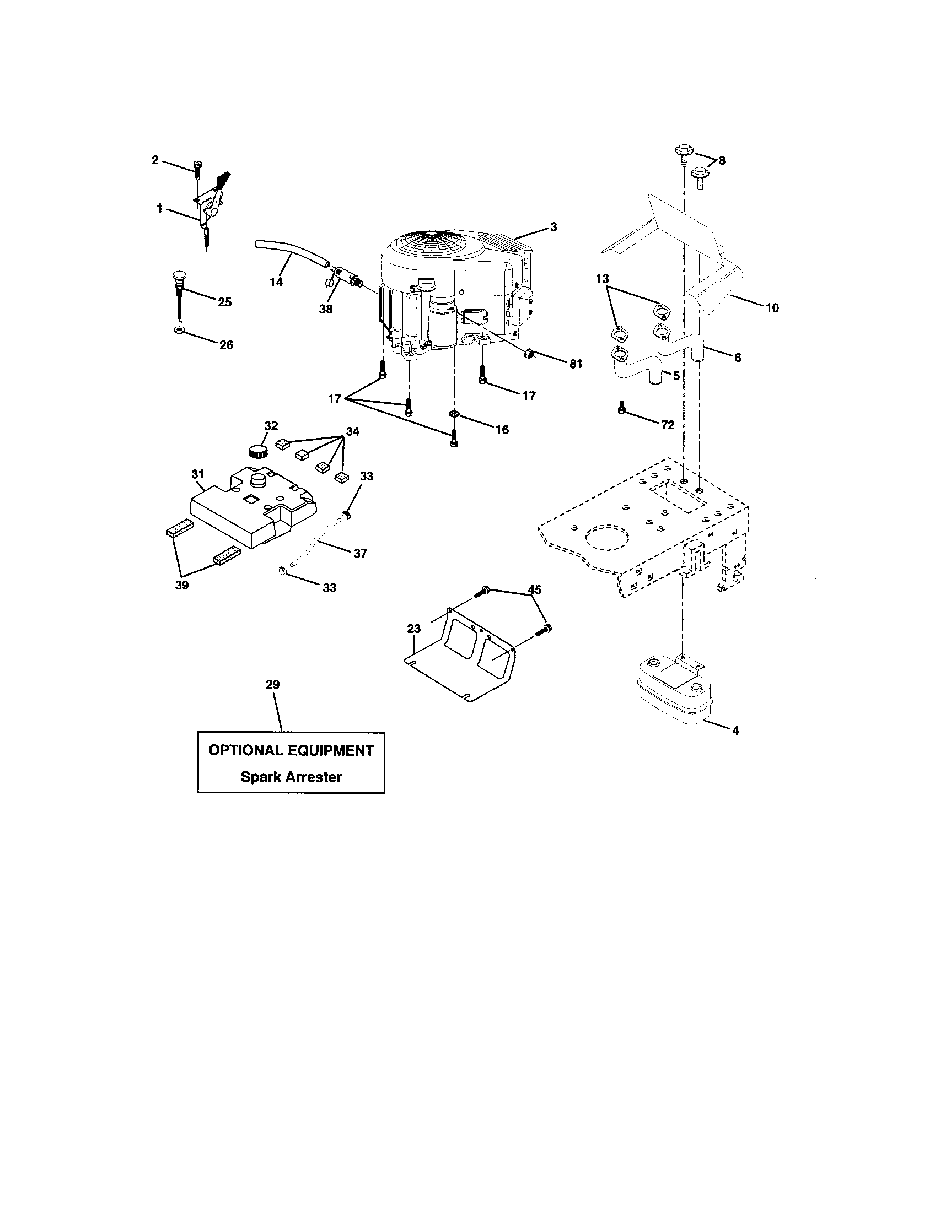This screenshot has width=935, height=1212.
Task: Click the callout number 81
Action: (x=576, y=364)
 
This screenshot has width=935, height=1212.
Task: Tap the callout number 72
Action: (x=667, y=425)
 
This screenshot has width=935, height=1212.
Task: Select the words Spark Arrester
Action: (x=291, y=777)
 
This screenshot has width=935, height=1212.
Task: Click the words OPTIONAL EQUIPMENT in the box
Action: (x=291, y=750)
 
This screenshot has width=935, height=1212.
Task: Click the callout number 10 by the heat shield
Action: (x=772, y=308)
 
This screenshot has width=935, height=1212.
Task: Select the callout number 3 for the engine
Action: (x=554, y=227)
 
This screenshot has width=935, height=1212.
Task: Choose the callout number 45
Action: (x=534, y=589)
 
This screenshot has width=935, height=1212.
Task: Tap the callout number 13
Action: (x=603, y=279)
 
